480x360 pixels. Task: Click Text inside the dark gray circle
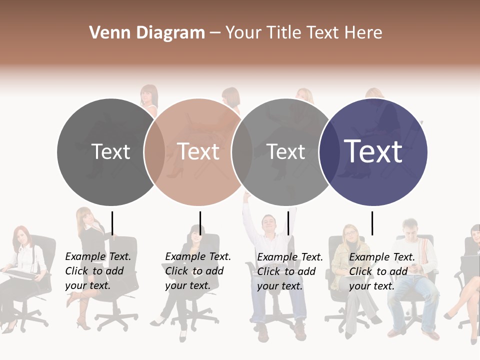[x=110, y=152]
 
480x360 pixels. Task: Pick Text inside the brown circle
[x=198, y=152]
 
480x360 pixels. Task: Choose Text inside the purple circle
[x=373, y=151]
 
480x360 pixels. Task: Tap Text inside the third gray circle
[x=286, y=152]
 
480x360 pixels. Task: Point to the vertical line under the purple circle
[x=372, y=223]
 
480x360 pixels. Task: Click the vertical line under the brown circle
[x=200, y=223]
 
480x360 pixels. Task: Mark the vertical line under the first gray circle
[x=112, y=223]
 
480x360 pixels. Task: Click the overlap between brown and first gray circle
[x=154, y=152]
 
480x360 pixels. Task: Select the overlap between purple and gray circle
[x=329, y=152]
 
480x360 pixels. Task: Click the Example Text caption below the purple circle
[x=381, y=271]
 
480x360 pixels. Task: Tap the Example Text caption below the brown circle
[x=197, y=271]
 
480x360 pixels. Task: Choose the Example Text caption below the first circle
[x=97, y=271]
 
